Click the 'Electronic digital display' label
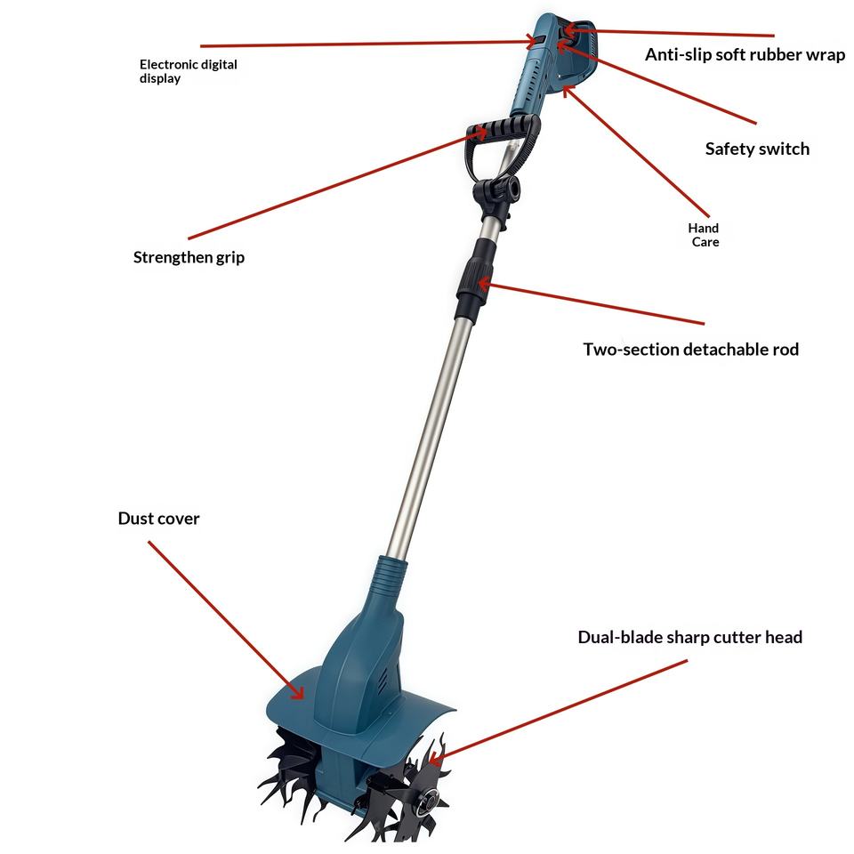pyautogui.click(x=188, y=71)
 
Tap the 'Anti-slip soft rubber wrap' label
pyautogui.click(x=745, y=54)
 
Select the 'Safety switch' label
pyautogui.click(x=757, y=149)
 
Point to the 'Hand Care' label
pyautogui.click(x=704, y=235)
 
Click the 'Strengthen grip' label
pyautogui.click(x=189, y=257)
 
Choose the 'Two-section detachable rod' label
pyautogui.click(x=690, y=349)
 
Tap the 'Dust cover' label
pyautogui.click(x=158, y=518)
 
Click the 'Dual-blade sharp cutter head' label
pyautogui.click(x=689, y=637)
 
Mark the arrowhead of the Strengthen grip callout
pyautogui.click(x=479, y=133)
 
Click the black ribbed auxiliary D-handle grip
pyautogui.click(x=503, y=128)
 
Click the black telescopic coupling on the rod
pyautogui.click(x=476, y=278)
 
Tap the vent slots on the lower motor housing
pyautogui.click(x=383, y=681)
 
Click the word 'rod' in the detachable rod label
pyautogui.click(x=786, y=349)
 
